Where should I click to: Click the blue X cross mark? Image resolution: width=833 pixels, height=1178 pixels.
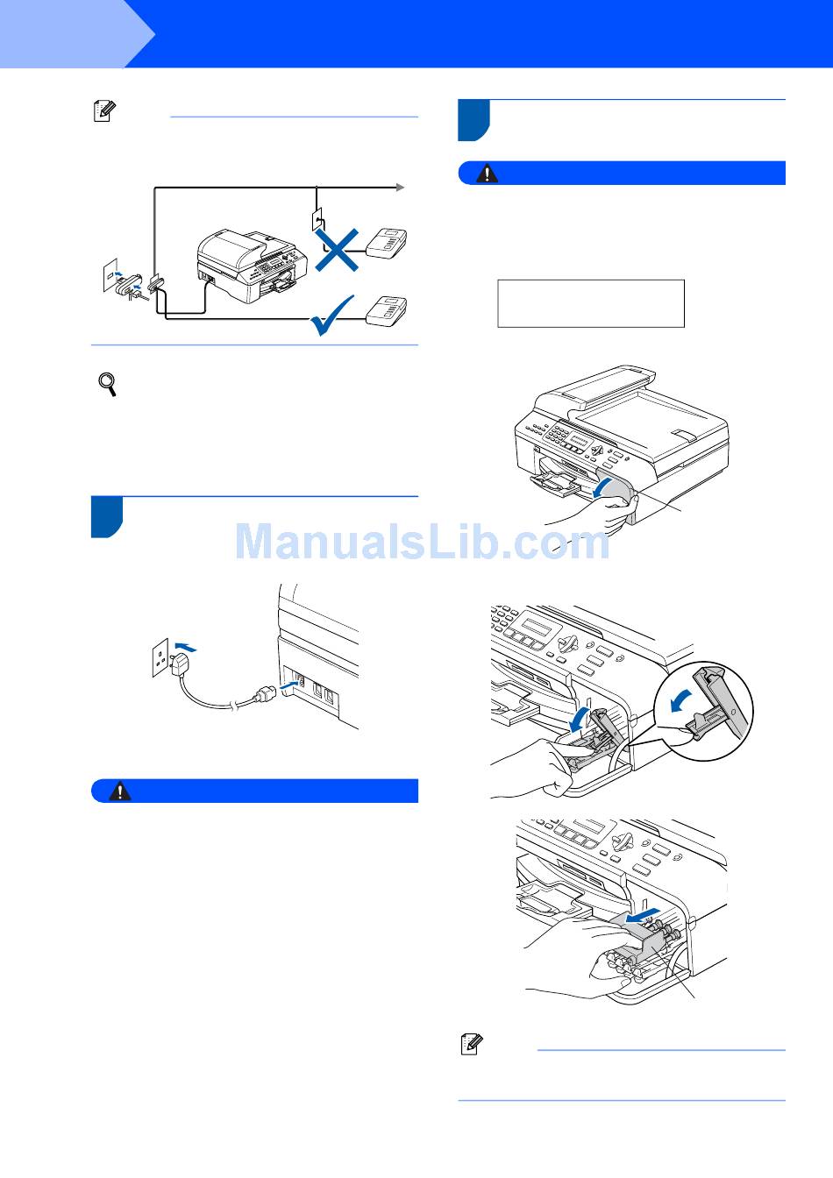pyautogui.click(x=338, y=250)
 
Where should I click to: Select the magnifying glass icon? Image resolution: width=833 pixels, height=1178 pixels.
pyautogui.click(x=108, y=384)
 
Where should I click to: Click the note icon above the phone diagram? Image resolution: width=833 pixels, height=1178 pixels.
pyautogui.click(x=104, y=111)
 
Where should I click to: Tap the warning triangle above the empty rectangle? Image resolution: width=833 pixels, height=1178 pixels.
pyautogui.click(x=488, y=173)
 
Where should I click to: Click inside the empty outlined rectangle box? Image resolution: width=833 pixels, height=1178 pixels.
pyautogui.click(x=591, y=303)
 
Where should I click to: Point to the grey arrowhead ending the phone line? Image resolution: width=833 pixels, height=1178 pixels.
pyautogui.click(x=401, y=188)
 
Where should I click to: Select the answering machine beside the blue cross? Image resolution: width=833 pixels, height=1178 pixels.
pyautogui.click(x=387, y=243)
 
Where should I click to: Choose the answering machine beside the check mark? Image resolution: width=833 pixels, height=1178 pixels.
pyautogui.click(x=387, y=312)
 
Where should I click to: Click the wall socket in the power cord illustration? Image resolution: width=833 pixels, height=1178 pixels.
pyautogui.click(x=160, y=658)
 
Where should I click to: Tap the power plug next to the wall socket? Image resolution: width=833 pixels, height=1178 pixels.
pyautogui.click(x=179, y=664)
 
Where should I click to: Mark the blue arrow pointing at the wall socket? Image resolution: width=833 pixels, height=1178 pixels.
pyautogui.click(x=186, y=646)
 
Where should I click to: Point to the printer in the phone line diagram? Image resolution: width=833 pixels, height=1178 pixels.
pyautogui.click(x=252, y=266)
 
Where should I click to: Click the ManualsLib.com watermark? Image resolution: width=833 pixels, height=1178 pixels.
pyautogui.click(x=422, y=542)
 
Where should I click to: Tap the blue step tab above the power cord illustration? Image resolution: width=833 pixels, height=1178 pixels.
pyautogui.click(x=107, y=517)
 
